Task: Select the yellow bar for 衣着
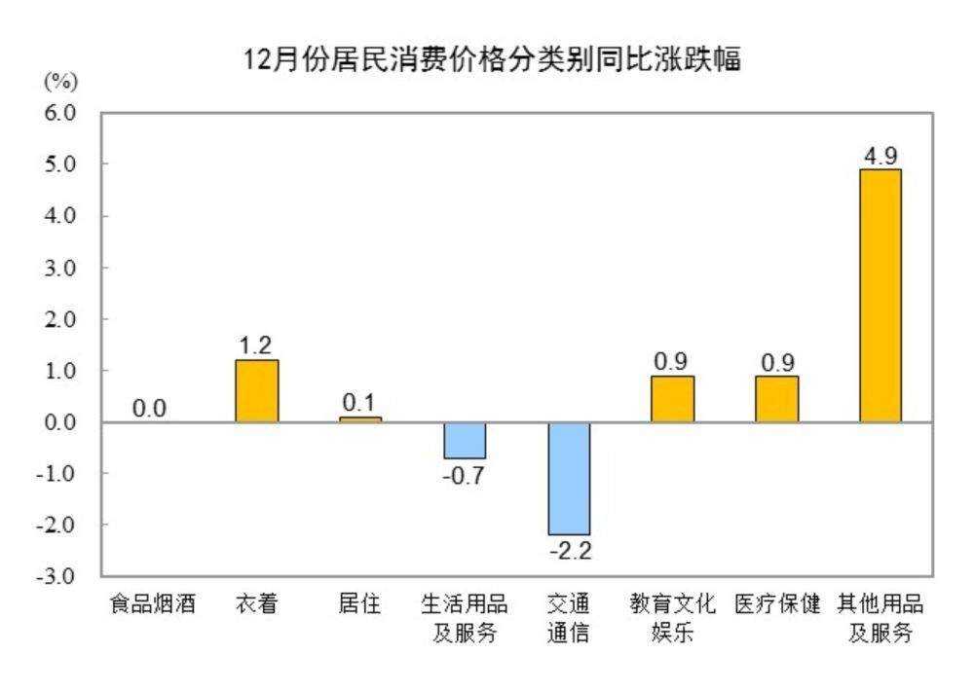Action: pyautogui.click(x=256, y=391)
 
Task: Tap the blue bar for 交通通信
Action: pyautogui.click(x=569, y=478)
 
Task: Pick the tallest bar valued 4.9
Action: pyautogui.click(x=880, y=295)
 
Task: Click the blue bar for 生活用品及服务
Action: pyautogui.click(x=465, y=440)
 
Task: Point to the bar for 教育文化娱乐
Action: pyautogui.click(x=672, y=399)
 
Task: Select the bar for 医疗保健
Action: pyautogui.click(x=776, y=399)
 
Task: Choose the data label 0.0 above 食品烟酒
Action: pyautogui.click(x=150, y=409)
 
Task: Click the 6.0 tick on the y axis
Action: pyautogui.click(x=59, y=113)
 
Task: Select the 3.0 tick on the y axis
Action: pyautogui.click(x=59, y=268)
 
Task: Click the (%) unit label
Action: pyautogui.click(x=60, y=80)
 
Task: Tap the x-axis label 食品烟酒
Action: pyautogui.click(x=152, y=604)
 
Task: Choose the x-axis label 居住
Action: pyautogui.click(x=359, y=604)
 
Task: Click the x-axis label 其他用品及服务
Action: pyautogui.click(x=880, y=618)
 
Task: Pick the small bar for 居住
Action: pyautogui.click(x=360, y=419)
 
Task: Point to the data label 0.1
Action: pyautogui.click(x=359, y=403)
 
